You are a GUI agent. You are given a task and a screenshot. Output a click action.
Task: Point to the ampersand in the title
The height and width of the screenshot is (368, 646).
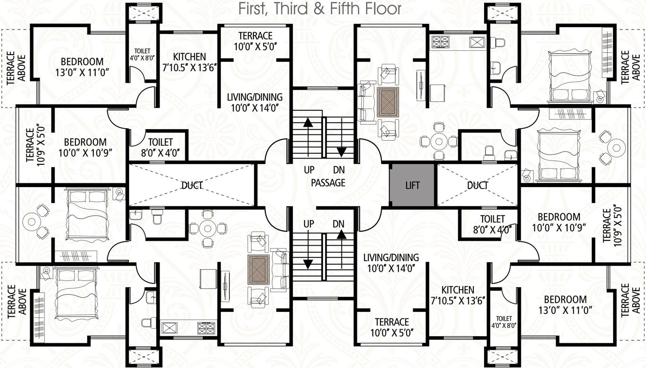319,9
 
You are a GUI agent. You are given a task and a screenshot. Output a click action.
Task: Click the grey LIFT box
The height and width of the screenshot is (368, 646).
412,185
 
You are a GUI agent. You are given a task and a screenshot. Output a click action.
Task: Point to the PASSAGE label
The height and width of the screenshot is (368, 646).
328,183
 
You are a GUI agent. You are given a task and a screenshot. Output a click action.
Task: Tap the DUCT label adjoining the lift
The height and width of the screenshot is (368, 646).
478,185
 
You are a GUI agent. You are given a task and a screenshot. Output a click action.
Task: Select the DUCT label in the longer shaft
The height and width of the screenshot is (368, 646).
191,185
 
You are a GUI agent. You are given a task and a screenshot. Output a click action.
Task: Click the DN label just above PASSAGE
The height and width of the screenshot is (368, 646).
339,170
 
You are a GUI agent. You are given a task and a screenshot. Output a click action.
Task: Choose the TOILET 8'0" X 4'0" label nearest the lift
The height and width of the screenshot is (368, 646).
492,224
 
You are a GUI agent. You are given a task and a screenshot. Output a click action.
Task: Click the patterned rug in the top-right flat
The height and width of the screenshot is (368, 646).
389,102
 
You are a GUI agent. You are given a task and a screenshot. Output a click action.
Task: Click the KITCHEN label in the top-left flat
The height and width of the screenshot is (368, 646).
190,57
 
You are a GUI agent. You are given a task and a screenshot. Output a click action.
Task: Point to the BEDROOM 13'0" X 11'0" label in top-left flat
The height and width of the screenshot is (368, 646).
82,67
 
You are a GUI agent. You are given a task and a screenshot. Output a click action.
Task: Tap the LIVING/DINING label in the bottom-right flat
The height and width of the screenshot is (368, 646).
391,258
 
